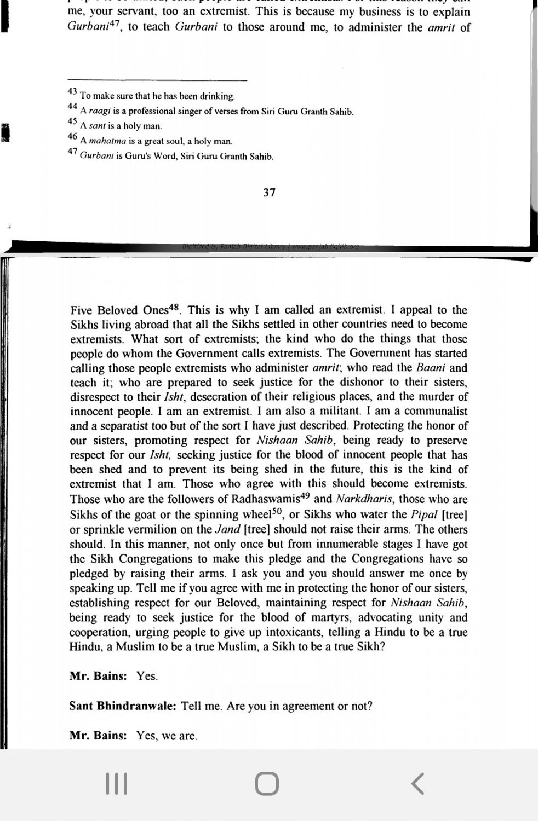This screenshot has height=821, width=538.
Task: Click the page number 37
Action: coord(269,193)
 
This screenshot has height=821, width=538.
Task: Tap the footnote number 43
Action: coord(72,92)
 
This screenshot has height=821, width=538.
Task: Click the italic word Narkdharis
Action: coord(364,499)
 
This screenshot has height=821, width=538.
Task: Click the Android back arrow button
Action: coord(417,784)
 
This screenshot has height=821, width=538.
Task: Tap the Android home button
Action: coord(267,784)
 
